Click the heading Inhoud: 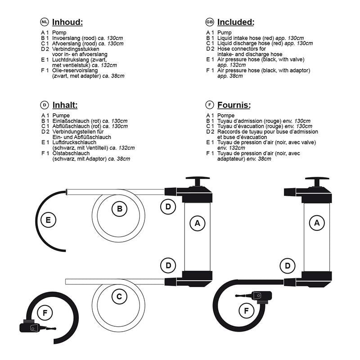pyautogui.click(x=67, y=22)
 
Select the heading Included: pyautogui.click(x=235, y=22)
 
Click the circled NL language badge pyautogui.click(x=44, y=22)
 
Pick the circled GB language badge pyautogui.click(x=209, y=22)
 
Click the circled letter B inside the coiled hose pyautogui.click(x=119, y=209)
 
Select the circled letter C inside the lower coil pyautogui.click(x=119, y=296)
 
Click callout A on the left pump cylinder pyautogui.click(x=197, y=222)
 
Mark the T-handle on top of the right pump pyautogui.click(x=318, y=180)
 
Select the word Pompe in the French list pyautogui.click(x=225, y=116)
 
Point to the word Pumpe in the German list pyautogui.click(x=61, y=116)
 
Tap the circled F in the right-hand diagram pyautogui.click(x=246, y=310)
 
